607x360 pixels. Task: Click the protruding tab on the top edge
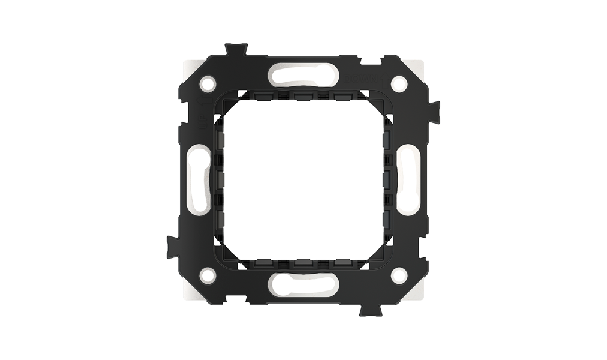pyautogui.click(x=238, y=49)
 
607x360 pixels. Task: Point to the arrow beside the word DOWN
pyautogui.click(x=375, y=80)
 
